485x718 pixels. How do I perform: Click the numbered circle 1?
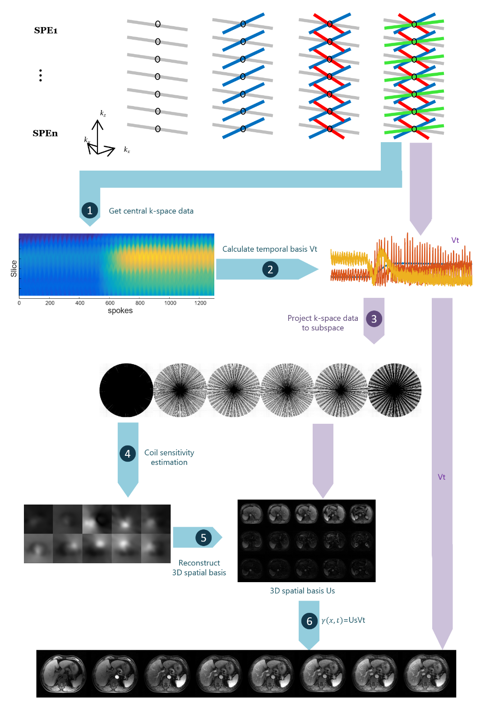pyautogui.click(x=90, y=210)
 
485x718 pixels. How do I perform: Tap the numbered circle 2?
pyautogui.click(x=270, y=269)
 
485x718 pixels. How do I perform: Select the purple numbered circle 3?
pyautogui.click(x=374, y=319)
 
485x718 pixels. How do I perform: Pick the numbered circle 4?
pyautogui.click(x=128, y=454)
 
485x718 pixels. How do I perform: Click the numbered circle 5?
pyautogui.click(x=203, y=537)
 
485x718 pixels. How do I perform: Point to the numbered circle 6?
pyautogui.click(x=309, y=621)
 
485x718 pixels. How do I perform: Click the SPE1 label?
pyautogui.click(x=46, y=31)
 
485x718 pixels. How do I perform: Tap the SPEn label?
pyautogui.click(x=45, y=134)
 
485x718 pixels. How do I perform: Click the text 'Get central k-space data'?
pyautogui.click(x=151, y=211)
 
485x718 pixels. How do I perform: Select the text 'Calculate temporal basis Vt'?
pyautogui.click(x=269, y=249)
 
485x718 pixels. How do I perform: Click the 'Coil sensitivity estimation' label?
pyautogui.click(x=169, y=457)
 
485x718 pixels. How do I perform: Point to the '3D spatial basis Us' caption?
pyautogui.click(x=302, y=591)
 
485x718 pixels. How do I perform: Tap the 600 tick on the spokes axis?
pyautogui.click(x=110, y=303)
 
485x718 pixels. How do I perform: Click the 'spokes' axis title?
pyautogui.click(x=120, y=310)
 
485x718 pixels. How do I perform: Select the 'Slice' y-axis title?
pyautogui.click(x=14, y=269)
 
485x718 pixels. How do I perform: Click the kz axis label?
pyautogui.click(x=103, y=113)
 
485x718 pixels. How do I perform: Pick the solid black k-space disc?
pyautogui.click(x=126, y=390)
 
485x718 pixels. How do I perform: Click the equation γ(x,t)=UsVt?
pyautogui.click(x=343, y=620)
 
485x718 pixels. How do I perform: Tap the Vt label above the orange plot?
pyautogui.click(x=455, y=240)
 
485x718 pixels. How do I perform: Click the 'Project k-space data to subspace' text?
pyautogui.click(x=323, y=323)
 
